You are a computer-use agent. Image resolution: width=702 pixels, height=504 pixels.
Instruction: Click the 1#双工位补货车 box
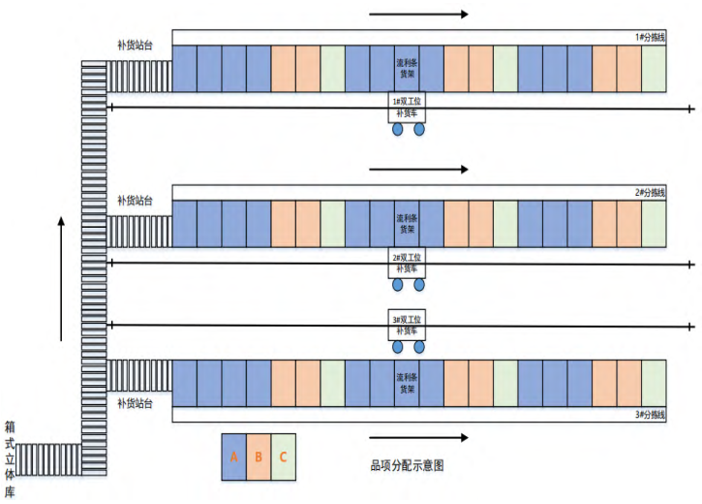[x=407, y=108]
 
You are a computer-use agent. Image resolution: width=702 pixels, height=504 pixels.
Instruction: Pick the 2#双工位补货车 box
[x=407, y=263]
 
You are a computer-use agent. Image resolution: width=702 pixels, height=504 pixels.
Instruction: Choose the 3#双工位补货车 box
[x=407, y=324]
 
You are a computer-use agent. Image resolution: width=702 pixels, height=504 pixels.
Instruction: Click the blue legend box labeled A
[x=234, y=457]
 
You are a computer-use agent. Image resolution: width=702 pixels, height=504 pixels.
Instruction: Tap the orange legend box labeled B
[x=259, y=457]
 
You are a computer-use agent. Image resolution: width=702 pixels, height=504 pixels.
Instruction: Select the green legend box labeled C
[x=284, y=457]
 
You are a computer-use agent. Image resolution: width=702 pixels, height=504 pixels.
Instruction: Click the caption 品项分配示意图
[x=406, y=465]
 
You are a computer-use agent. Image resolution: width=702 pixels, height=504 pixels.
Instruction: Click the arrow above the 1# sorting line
[x=419, y=14]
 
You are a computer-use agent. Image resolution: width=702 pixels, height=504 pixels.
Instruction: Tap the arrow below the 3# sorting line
[x=419, y=437]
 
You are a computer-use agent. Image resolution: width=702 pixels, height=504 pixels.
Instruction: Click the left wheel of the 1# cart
[x=396, y=129]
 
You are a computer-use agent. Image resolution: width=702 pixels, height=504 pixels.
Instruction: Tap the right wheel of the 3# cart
[x=419, y=346]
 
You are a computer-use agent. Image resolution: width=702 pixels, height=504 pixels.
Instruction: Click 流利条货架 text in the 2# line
[x=407, y=225]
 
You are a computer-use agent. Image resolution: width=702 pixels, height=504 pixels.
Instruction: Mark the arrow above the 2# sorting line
[x=419, y=169]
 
